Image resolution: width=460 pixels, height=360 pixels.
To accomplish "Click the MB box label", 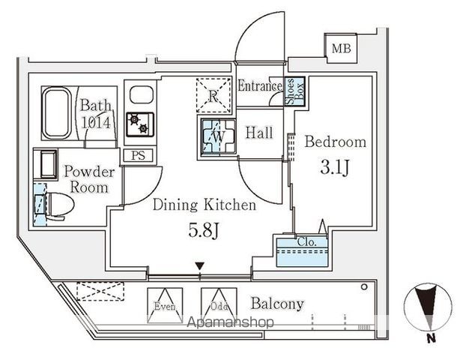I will (x=341, y=49).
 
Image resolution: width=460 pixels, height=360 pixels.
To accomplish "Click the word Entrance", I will (x=259, y=86).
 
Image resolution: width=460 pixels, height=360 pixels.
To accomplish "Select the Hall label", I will (x=258, y=133).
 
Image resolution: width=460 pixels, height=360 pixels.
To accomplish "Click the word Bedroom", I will (x=335, y=141).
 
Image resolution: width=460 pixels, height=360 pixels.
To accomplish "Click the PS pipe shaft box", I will (x=139, y=156).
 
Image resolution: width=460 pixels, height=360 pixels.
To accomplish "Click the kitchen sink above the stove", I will (x=140, y=95).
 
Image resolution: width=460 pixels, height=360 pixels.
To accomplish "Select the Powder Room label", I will (x=89, y=179).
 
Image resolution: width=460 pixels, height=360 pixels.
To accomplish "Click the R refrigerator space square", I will (x=214, y=96).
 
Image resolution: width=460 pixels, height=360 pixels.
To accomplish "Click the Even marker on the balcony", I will (x=165, y=306).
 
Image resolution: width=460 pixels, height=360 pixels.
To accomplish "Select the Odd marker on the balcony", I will (x=213, y=306).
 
